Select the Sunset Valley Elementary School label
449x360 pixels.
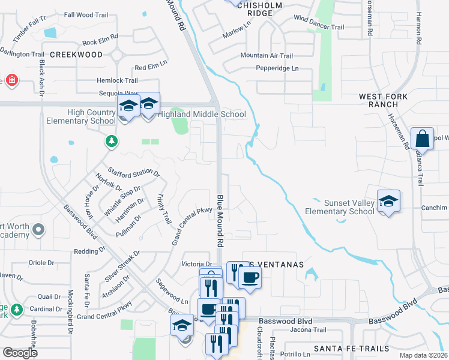coord(340,207)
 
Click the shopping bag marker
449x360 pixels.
coord(423,139)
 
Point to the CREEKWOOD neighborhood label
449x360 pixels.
coord(76,55)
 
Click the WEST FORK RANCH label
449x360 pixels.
coord(384,100)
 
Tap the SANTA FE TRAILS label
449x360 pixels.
coord(345,349)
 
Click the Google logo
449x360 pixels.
coord(20,353)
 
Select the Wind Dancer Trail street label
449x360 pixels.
coord(319,27)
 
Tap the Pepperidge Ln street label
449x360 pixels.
coord(277,68)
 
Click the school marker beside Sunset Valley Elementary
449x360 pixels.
coord(388,201)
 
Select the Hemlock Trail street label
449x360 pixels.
coord(118,80)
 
